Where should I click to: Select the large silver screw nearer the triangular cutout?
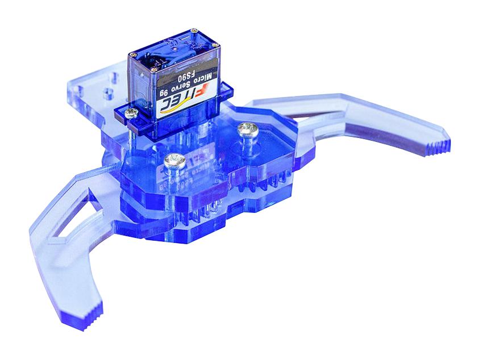click(x=174, y=161)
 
